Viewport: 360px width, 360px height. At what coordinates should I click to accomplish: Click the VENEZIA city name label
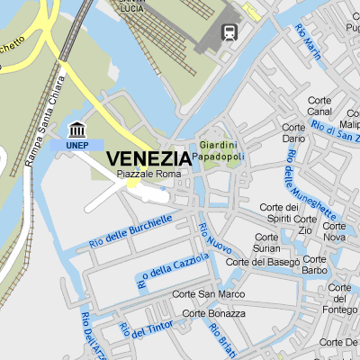[148, 158]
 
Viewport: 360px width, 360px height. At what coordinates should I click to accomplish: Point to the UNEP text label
[77, 144]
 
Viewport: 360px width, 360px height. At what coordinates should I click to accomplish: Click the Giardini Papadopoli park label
[221, 150]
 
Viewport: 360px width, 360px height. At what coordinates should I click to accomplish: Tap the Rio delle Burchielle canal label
[130, 232]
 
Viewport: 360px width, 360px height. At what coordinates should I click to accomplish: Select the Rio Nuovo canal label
[215, 238]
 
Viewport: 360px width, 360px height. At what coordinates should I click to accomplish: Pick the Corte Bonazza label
[213, 313]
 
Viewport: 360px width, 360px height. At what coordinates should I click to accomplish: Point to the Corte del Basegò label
[263, 262]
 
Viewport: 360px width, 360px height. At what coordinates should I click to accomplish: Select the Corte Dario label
[293, 133]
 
